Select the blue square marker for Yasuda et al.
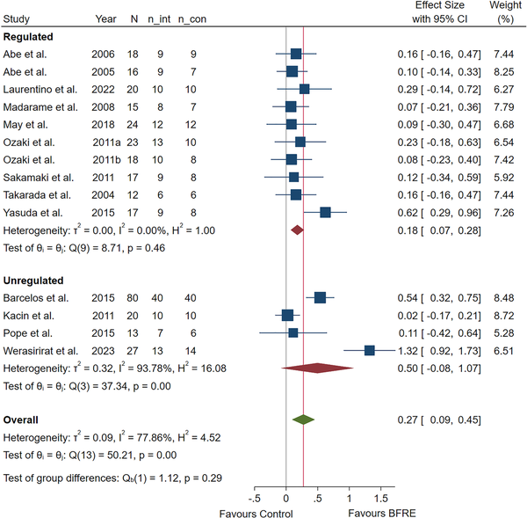point(325,212)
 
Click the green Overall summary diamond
point(303,420)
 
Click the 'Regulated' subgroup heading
point(29,37)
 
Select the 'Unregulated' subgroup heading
point(35,281)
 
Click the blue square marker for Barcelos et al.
point(320,297)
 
